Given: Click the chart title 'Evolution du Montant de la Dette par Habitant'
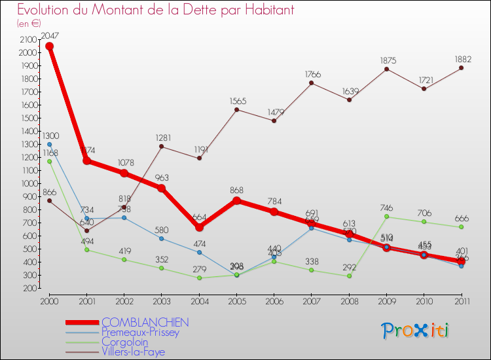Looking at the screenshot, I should (155, 10).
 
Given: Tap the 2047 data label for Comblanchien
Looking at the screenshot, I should (50, 36).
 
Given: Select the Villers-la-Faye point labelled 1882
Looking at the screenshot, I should (462, 68).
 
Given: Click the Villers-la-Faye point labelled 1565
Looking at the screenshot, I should (236, 109).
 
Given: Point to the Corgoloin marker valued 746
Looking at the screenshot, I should (386, 217).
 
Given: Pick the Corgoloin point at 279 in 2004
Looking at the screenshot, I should (199, 278).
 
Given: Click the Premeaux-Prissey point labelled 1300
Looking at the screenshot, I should (49, 144).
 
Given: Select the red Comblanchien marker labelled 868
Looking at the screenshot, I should (236, 200).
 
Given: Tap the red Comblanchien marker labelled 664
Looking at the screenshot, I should (199, 227).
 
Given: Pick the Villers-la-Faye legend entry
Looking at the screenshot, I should (134, 351).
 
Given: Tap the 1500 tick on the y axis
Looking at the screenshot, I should (27, 118).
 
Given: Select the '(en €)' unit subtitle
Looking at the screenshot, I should (29, 24).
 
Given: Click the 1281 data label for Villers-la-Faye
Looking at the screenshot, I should (162, 137).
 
